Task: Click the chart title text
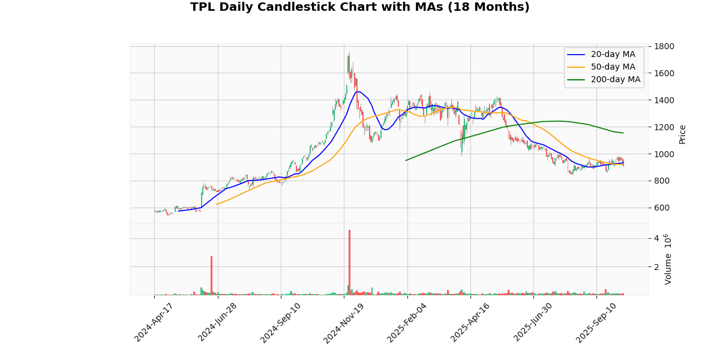pos(360,7)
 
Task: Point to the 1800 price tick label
pos(665,46)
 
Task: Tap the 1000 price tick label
pos(665,154)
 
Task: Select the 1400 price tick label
pos(665,100)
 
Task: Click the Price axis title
pos(682,134)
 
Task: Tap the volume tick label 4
pos(657,239)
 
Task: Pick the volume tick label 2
pos(657,267)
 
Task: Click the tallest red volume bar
pos(349,262)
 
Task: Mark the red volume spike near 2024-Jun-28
pos(211,275)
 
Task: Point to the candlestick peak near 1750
pos(349,54)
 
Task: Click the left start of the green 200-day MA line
pos(406,160)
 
